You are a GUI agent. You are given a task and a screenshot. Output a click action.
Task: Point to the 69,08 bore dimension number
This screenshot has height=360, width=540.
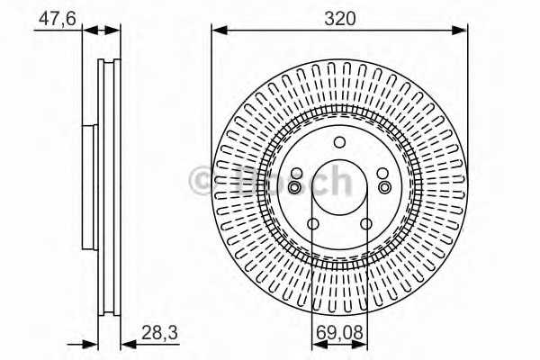coord(340,334)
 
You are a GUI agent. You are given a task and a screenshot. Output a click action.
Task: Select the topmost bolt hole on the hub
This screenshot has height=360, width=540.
coord(339,142)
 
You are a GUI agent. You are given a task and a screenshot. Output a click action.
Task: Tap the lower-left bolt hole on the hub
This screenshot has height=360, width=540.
coord(313,224)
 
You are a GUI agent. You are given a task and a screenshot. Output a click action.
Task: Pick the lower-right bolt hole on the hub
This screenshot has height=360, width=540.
coord(365,224)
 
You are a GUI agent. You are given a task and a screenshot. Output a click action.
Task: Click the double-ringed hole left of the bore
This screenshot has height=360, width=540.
coord(296,186)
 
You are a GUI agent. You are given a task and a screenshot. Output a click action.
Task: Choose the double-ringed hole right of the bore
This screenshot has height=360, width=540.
coord(383,186)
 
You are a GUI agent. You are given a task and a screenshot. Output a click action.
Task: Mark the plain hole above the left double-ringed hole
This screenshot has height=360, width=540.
coord(297,174)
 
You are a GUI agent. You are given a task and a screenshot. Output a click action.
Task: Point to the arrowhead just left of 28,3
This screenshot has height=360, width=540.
coord(124,342)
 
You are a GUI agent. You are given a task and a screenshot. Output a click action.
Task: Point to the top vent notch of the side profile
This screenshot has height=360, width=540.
coord(109,64)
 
